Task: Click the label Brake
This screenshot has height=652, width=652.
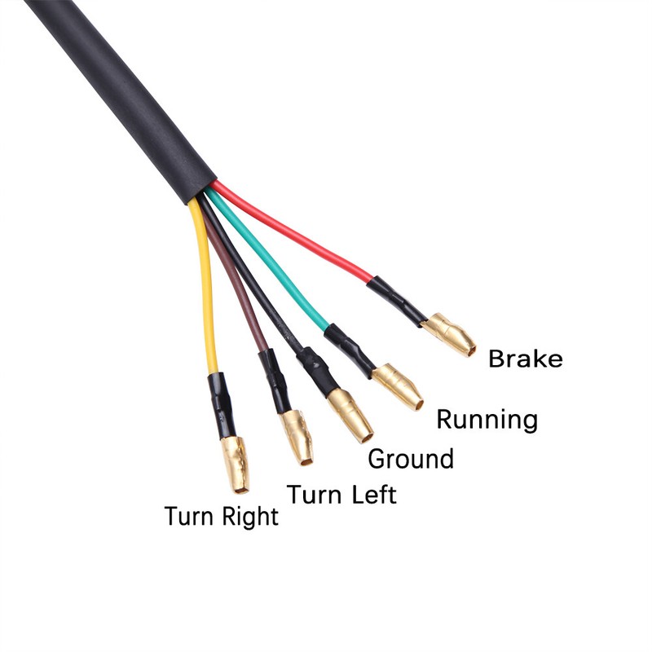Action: [525, 359]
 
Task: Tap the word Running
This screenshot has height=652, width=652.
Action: [487, 420]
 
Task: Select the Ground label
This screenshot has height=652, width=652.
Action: [411, 459]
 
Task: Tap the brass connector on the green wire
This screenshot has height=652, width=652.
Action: [398, 386]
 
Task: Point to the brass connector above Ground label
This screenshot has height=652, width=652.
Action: [350, 414]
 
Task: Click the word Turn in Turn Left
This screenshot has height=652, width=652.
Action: [315, 494]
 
